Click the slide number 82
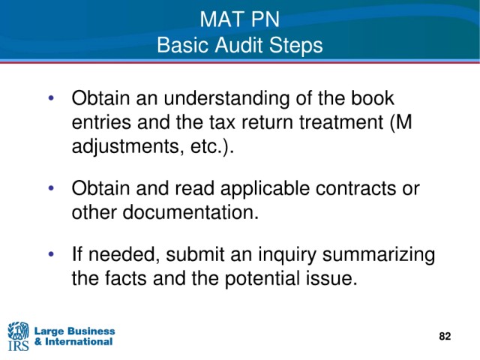(x=445, y=336)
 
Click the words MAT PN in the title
(x=240, y=19)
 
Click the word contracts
(x=355, y=188)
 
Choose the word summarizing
(x=379, y=256)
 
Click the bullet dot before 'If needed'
(x=51, y=253)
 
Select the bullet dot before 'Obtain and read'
(x=51, y=187)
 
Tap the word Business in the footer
(x=90, y=331)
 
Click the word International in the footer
(x=79, y=342)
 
